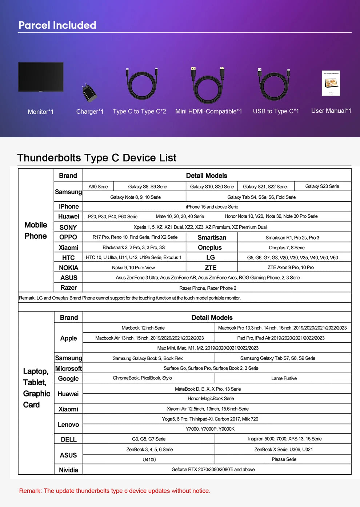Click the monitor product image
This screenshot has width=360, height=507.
41,77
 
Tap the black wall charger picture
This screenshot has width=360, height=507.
89,93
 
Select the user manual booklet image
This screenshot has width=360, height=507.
331,83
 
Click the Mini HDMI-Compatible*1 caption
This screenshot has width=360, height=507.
208,111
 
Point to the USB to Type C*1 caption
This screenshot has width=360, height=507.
276,111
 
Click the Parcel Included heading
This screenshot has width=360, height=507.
57,25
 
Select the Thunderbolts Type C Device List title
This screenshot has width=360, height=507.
97,158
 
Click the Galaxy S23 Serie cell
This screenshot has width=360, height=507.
322,186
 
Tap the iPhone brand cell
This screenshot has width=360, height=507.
69,206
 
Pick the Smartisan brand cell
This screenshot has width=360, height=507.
212,237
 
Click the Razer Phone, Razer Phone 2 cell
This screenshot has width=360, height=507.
208,288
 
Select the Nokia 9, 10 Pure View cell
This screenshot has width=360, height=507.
133,267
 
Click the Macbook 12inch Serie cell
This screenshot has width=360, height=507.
143,328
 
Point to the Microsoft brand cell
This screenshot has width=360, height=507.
68,368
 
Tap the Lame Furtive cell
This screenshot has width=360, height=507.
284,378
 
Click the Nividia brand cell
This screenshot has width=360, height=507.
68,470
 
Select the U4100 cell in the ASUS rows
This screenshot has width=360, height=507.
149,460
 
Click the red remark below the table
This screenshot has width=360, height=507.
115,491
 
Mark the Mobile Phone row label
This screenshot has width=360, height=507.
36,230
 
